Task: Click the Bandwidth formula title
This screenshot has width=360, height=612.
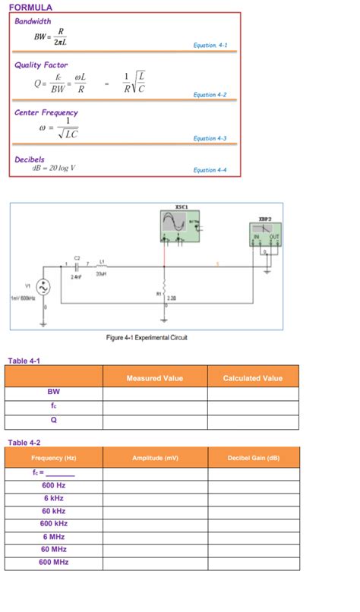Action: (33, 21)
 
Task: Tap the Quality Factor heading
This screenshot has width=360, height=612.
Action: (41, 65)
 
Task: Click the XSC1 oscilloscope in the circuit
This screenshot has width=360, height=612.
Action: (179, 226)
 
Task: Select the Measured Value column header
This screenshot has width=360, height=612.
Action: (154, 377)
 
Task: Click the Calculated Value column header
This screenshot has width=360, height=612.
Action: (252, 377)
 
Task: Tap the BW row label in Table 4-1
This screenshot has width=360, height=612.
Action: (53, 393)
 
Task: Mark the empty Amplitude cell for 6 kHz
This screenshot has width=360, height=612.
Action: (154, 498)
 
